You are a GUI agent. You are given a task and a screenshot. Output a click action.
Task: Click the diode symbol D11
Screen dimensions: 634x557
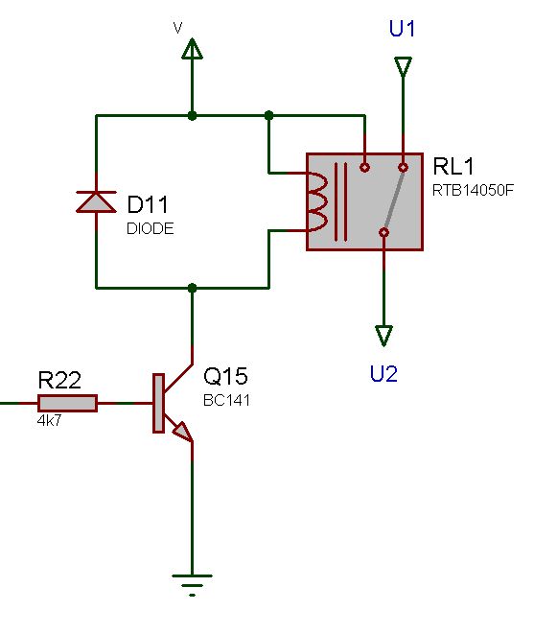click(96, 201)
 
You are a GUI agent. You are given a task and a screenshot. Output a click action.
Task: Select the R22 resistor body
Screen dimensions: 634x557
click(67, 404)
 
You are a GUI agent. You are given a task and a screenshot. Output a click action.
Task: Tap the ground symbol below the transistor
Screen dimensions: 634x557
click(192, 579)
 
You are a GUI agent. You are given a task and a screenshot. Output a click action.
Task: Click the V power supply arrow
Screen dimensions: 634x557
click(192, 49)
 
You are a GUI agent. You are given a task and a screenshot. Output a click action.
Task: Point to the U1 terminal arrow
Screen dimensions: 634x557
click(403, 67)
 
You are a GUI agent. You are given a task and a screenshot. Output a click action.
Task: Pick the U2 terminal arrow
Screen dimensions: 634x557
click(383, 336)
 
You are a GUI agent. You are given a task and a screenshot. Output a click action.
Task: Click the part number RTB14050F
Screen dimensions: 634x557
click(474, 191)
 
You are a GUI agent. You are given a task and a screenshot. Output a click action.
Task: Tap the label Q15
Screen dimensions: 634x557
click(225, 376)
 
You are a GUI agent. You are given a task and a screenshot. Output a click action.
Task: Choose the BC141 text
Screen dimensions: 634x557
click(226, 401)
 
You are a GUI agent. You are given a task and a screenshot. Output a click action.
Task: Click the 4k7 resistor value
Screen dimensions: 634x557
click(50, 421)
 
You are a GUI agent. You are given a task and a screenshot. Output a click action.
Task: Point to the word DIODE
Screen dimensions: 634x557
click(151, 229)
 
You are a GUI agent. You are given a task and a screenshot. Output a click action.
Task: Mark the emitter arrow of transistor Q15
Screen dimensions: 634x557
click(182, 434)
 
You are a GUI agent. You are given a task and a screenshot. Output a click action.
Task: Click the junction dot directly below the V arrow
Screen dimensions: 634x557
click(192, 115)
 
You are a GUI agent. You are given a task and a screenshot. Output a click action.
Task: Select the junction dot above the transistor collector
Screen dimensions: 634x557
click(192, 288)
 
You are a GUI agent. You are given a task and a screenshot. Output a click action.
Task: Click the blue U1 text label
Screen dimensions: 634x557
click(403, 29)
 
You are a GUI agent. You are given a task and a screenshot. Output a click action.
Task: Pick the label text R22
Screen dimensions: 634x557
click(58, 380)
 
